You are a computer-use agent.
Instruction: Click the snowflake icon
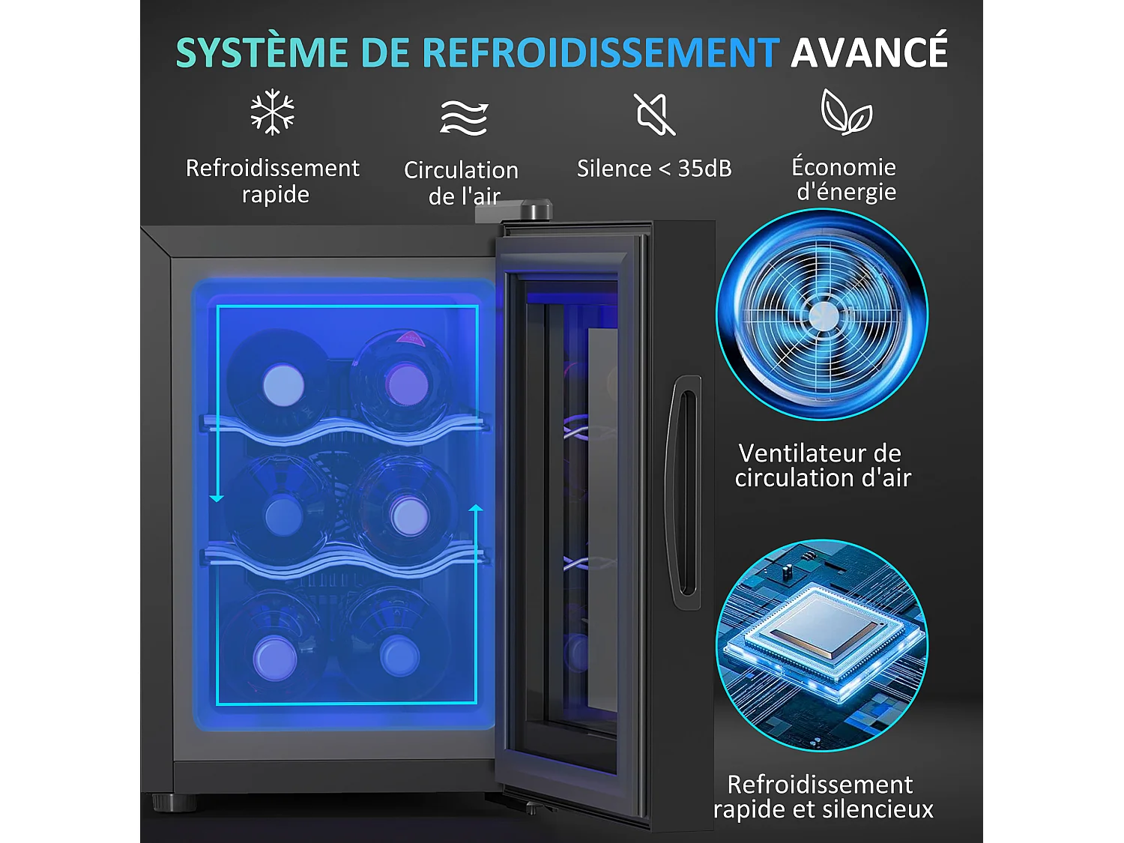(272, 112)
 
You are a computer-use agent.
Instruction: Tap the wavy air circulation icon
(464, 118)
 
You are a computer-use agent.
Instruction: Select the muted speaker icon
(654, 115)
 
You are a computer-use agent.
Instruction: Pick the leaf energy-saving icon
(846, 112)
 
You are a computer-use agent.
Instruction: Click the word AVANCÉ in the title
(869, 52)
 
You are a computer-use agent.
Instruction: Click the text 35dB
(704, 169)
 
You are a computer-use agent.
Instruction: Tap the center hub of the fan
(823, 316)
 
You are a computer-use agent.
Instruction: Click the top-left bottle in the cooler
(283, 385)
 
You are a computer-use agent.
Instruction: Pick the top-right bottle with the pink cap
(407, 384)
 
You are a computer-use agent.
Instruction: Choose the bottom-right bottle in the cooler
(399, 656)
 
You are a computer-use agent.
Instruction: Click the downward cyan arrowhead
(217, 498)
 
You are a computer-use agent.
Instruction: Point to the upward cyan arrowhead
(476, 509)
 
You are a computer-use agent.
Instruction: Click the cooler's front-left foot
(174, 803)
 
